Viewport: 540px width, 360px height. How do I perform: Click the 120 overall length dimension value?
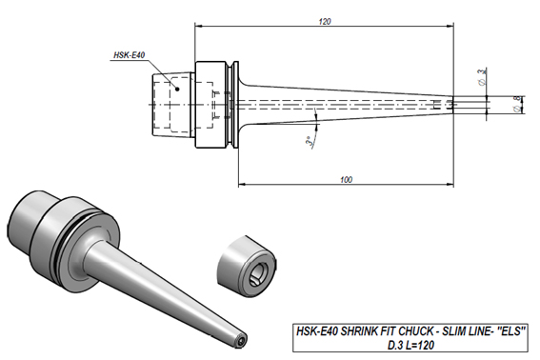[x=325, y=21]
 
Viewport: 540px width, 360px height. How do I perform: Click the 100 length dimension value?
[x=346, y=179]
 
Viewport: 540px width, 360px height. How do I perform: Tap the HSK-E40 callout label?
[x=130, y=55]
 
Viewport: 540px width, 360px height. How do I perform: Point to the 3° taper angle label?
[x=310, y=142]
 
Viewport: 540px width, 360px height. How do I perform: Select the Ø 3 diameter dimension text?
[x=482, y=76]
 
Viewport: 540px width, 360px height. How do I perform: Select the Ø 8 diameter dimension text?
[x=517, y=104]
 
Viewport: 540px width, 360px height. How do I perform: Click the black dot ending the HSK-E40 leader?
[x=177, y=89]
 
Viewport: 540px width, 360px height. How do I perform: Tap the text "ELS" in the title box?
[x=511, y=331]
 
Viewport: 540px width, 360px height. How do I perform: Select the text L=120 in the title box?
[x=420, y=345]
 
